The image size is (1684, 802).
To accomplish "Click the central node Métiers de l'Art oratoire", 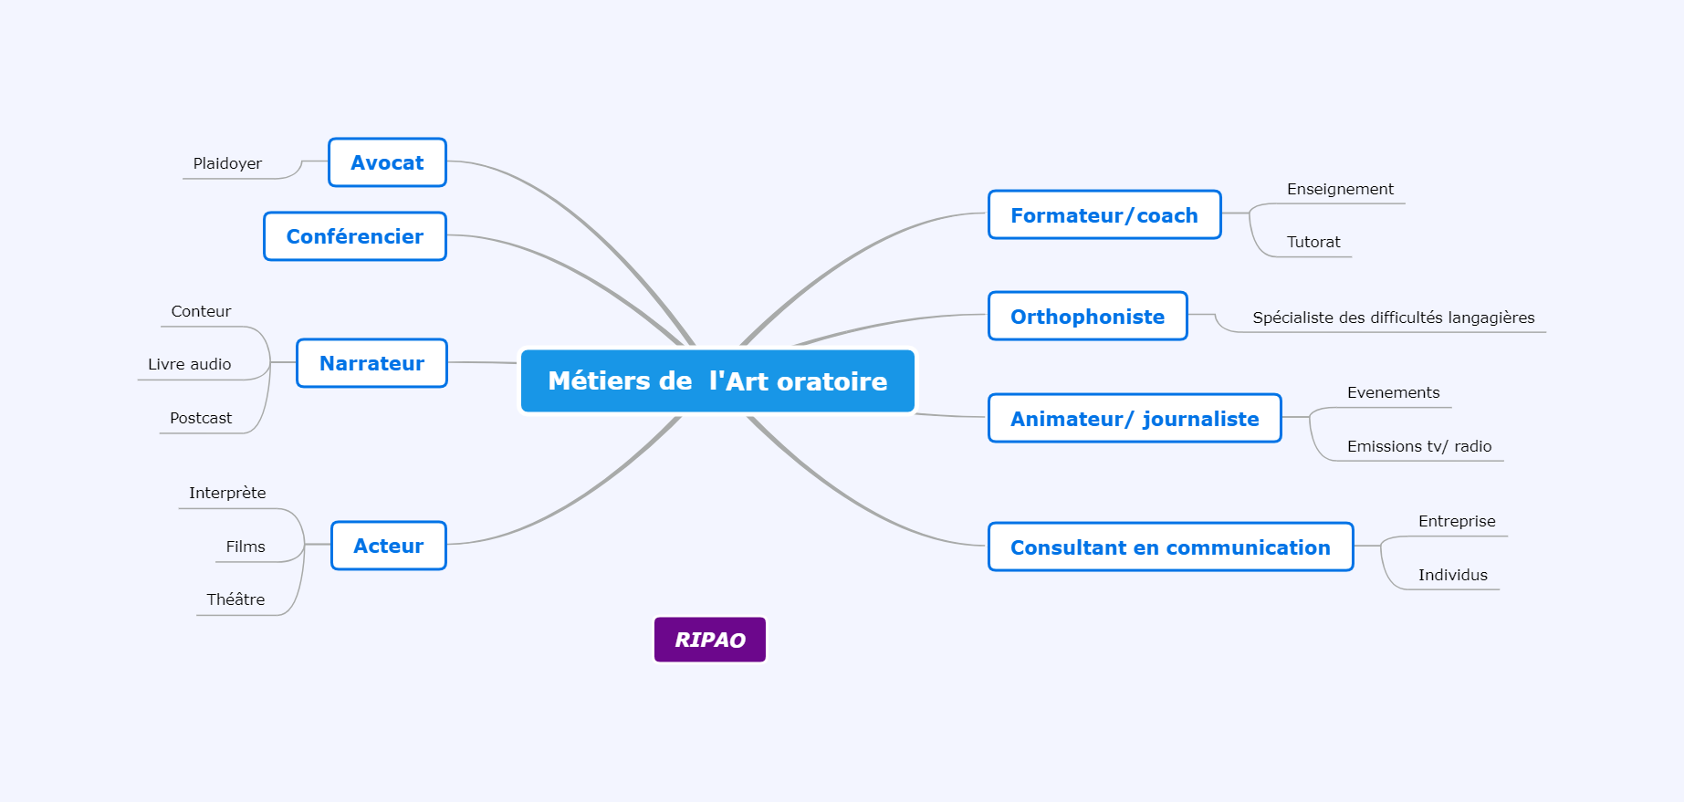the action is tap(717, 380).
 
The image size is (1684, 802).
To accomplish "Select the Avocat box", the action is tap(387, 162).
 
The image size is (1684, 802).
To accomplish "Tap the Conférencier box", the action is tap(355, 236).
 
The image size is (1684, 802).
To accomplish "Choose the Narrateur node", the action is tap(371, 363).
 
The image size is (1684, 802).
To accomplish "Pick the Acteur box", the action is tap(389, 546).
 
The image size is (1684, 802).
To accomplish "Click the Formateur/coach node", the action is tap(1104, 215).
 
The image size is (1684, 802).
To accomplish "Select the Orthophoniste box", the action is tap(1087, 317).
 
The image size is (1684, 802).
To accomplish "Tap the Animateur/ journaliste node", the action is tap(1135, 419).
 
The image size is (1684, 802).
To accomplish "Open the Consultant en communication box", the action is tap(1170, 547).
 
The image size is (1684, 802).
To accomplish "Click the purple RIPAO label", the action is tap(710, 640).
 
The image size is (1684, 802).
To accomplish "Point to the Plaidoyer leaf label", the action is tap(227, 163).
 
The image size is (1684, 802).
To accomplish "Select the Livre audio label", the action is tap(190, 364).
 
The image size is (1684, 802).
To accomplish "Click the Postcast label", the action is tap(201, 418).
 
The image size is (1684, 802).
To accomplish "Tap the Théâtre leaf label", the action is tap(235, 599).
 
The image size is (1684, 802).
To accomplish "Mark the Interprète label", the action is tap(227, 493).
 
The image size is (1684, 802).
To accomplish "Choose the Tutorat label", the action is tap(1313, 242).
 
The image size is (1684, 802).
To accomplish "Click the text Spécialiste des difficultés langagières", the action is tap(1394, 318).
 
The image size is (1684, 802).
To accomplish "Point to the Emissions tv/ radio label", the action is tap(1419, 446).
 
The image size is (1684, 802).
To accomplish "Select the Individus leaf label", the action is tap(1453, 575).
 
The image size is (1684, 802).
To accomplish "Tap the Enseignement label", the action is tap(1340, 189).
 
